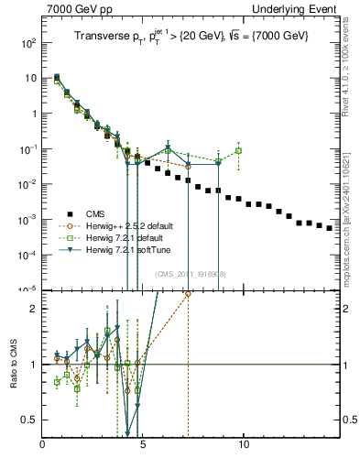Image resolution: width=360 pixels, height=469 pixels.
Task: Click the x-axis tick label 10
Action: pyautogui.click(x=244, y=448)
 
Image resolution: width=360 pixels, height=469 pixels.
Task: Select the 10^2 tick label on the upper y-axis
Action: pyautogui.click(x=28, y=43)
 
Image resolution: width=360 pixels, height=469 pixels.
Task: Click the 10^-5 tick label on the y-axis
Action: pyautogui.click(x=28, y=289)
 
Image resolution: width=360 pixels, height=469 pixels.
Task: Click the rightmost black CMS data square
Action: pyautogui.click(x=330, y=228)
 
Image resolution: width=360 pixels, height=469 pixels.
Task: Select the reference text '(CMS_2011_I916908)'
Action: pyautogui.click(x=191, y=274)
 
